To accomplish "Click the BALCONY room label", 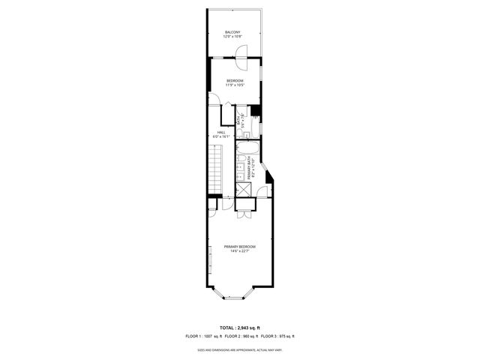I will pyautogui.click(x=233, y=31).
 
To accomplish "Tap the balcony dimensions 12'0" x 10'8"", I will pyautogui.click(x=233, y=36).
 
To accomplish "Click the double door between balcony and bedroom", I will pyautogui.click(x=241, y=53).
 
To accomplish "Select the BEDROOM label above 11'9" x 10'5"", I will pyautogui.click(x=235, y=80).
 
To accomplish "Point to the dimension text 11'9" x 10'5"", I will pyautogui.click(x=235, y=85).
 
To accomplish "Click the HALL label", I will pyautogui.click(x=221, y=132).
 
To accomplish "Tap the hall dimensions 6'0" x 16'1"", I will pyautogui.click(x=221, y=136).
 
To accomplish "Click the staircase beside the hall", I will pyautogui.click(x=215, y=169).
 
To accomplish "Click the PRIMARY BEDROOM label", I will pyautogui.click(x=239, y=247).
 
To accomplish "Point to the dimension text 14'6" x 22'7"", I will pyautogui.click(x=239, y=251).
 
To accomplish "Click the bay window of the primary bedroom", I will pyautogui.click(x=234, y=297).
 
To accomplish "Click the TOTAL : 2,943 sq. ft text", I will pyautogui.click(x=239, y=328).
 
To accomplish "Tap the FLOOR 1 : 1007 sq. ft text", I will pyautogui.click(x=203, y=336).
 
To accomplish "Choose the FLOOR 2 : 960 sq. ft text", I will pyautogui.click(x=241, y=336).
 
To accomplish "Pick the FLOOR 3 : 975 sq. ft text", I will pyautogui.click(x=277, y=336).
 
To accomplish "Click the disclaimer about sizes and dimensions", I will pyautogui.click(x=239, y=349).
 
